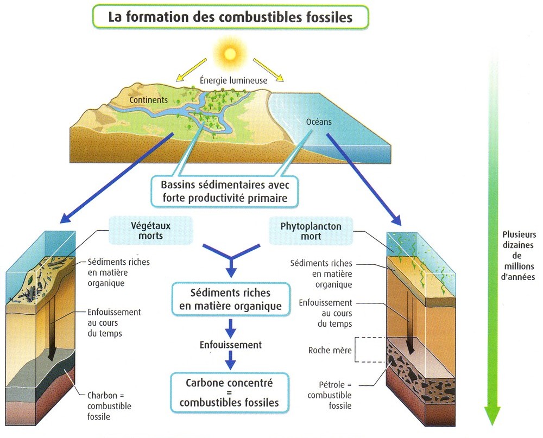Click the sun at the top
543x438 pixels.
click(230, 53)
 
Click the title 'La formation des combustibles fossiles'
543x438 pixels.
click(230, 16)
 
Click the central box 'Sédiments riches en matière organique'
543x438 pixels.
click(230, 299)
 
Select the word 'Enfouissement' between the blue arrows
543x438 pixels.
click(230, 345)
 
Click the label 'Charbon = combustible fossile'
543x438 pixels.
click(109, 405)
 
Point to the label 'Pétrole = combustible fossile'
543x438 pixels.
click(329, 395)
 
